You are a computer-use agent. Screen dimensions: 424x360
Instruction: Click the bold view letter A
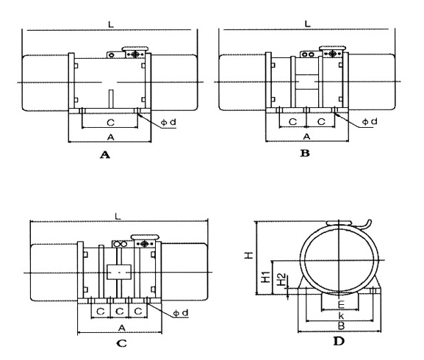point(105,154)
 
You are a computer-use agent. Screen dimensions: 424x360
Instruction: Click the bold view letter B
point(305,154)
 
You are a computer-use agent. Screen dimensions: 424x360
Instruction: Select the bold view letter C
point(121,343)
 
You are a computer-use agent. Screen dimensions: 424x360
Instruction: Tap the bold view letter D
point(339,342)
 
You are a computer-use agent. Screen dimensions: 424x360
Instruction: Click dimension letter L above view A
point(111,24)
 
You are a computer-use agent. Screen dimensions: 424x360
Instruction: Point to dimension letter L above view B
point(307,24)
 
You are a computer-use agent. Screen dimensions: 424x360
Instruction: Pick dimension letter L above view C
point(118,216)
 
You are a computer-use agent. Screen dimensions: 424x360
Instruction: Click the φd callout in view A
point(168,122)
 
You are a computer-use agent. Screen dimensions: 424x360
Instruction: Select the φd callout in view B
point(370,122)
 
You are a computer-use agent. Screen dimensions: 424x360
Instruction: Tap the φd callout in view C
point(180,313)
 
